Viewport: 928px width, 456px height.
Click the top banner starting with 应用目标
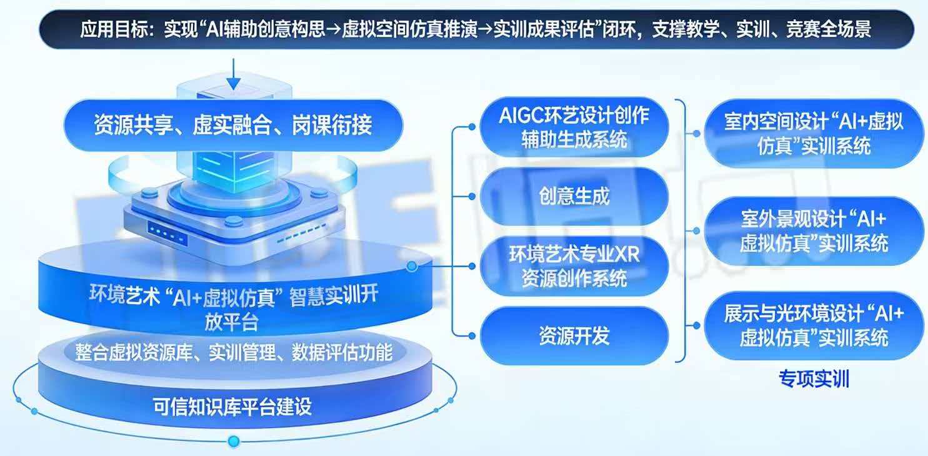pyautogui.click(x=475, y=29)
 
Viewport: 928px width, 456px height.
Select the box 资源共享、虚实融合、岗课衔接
pyautogui.click(x=232, y=125)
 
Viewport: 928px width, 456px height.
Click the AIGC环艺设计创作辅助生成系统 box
pyautogui.click(x=574, y=126)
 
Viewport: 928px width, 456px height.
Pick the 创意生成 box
pyautogui.click(x=574, y=196)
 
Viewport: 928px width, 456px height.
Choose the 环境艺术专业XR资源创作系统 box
pyautogui.click(x=574, y=266)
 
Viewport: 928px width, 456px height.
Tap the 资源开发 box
pyautogui.click(x=574, y=337)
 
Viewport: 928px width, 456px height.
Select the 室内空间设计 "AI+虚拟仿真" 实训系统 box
pyautogui.click(x=814, y=133)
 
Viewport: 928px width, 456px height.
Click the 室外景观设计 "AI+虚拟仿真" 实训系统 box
pyautogui.click(x=814, y=230)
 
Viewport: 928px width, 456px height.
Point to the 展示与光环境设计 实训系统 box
pyautogui.click(x=814, y=326)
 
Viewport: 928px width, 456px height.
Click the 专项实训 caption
pyautogui.click(x=814, y=379)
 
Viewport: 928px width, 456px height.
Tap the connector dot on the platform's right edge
pyautogui.click(x=411, y=267)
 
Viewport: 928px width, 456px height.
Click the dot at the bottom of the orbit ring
pyautogui.click(x=234, y=440)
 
